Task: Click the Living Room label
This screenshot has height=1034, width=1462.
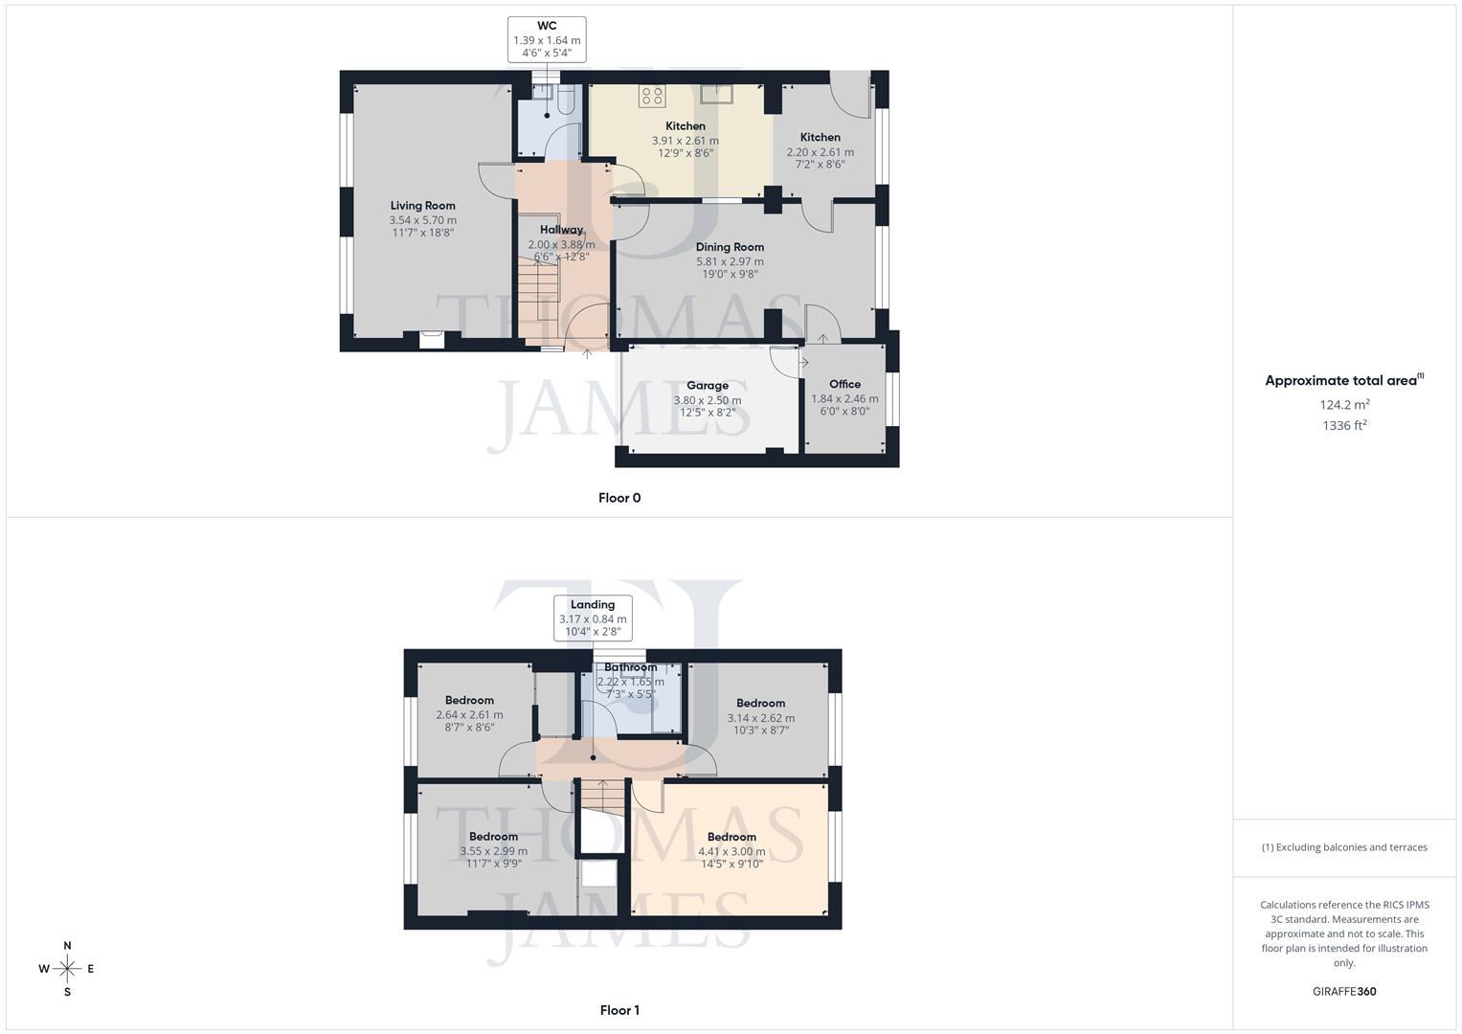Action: pyautogui.click(x=422, y=206)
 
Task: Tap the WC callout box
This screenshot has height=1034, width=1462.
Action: pyautogui.click(x=547, y=40)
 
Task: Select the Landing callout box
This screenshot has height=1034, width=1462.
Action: pyautogui.click(x=593, y=618)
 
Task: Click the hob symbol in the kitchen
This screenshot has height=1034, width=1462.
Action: pyautogui.click(x=653, y=95)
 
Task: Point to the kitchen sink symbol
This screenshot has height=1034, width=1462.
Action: pyautogui.click(x=716, y=93)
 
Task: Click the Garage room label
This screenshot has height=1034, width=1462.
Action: pyautogui.click(x=708, y=386)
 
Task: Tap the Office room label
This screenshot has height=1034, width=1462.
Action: pyautogui.click(x=844, y=385)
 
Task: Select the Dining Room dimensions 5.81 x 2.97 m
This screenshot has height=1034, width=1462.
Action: pyautogui.click(x=730, y=261)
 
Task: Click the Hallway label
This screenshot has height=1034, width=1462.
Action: pyautogui.click(x=561, y=230)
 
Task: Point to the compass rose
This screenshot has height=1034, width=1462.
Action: pyautogui.click(x=67, y=969)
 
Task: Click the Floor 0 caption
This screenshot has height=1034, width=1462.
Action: pyautogui.click(x=619, y=498)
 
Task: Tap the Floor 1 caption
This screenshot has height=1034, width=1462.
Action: pyautogui.click(x=619, y=1010)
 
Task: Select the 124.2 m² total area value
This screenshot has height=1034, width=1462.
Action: pyautogui.click(x=1344, y=405)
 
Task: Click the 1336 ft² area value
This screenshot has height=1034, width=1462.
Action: pyautogui.click(x=1344, y=426)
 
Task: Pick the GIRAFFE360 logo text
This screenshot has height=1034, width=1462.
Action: pyautogui.click(x=1344, y=992)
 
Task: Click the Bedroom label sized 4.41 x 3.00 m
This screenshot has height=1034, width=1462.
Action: pyautogui.click(x=731, y=837)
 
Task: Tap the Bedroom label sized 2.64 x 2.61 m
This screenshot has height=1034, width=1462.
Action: pyautogui.click(x=469, y=701)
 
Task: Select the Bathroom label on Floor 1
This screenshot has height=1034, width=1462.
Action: pyautogui.click(x=630, y=667)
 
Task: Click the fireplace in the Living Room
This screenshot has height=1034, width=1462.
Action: pyautogui.click(x=432, y=337)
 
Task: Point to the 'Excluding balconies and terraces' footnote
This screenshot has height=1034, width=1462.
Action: pyautogui.click(x=1344, y=847)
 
